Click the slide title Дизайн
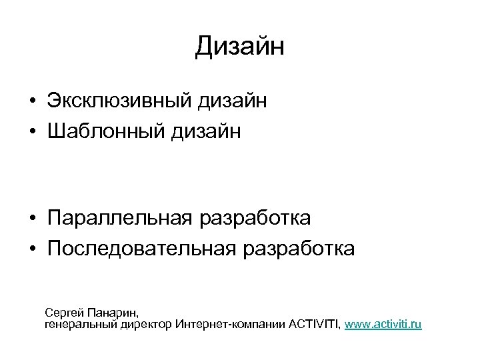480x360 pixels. tap(240, 47)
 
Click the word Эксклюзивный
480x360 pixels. tap(120, 102)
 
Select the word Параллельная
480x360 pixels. tap(119, 219)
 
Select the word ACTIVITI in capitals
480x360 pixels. tap(315, 325)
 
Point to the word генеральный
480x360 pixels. tap(80, 325)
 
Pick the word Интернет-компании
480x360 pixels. tap(231, 325)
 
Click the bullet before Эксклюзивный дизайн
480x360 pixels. tap(32, 103)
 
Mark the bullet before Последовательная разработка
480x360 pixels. tap(32, 249)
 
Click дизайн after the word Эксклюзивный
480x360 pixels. tap(233, 102)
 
